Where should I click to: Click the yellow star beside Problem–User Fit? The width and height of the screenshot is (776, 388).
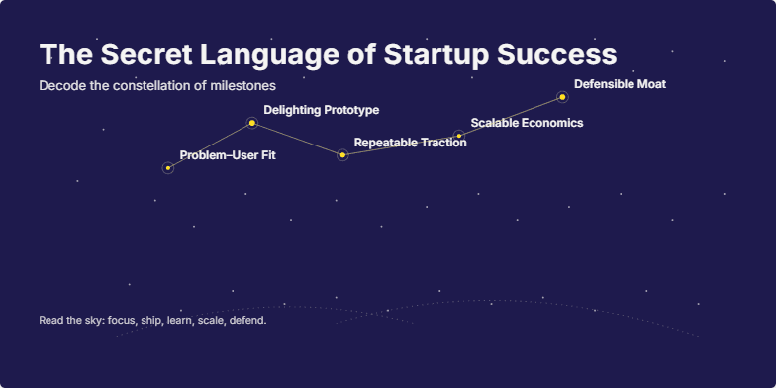tap(168, 168)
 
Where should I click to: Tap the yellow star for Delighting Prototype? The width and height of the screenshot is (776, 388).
tap(252, 123)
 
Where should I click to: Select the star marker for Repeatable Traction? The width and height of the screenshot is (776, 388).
tap(342, 155)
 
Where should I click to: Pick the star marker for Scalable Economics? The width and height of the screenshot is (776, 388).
tap(458, 135)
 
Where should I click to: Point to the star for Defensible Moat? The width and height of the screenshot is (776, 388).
tap(562, 97)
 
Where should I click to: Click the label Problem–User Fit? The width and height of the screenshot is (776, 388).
tap(228, 155)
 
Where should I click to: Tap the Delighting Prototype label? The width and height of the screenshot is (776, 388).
tap(321, 110)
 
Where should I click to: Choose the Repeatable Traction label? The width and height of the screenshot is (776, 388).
tap(410, 143)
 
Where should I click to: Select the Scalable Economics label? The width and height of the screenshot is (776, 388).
tap(527, 123)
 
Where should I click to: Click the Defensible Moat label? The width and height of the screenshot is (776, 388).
tap(620, 84)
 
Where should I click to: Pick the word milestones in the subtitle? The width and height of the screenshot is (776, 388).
tap(242, 86)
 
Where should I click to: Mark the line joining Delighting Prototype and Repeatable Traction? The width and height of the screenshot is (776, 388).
tap(297, 139)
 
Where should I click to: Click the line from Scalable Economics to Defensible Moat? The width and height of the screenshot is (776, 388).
tap(510, 116)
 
